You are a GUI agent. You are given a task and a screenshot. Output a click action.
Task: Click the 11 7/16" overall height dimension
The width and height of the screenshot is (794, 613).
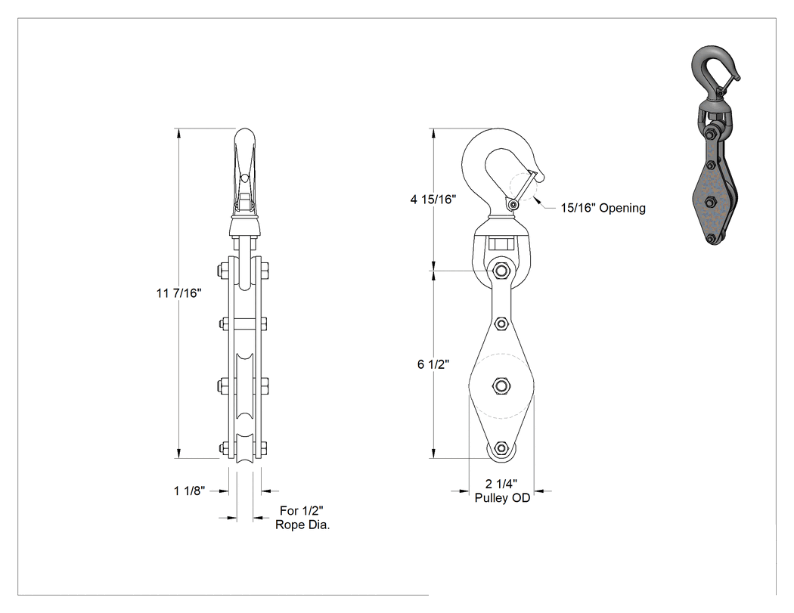[x=178, y=293]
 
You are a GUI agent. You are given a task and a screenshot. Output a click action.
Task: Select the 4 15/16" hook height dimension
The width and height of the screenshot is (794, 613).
[x=433, y=200]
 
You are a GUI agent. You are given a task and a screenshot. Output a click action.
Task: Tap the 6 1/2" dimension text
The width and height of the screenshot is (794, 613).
[x=433, y=364]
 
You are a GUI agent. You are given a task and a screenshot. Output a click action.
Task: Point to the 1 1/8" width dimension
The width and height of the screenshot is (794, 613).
[x=189, y=491]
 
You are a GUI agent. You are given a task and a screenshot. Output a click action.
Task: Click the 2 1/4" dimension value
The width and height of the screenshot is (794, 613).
[x=501, y=485]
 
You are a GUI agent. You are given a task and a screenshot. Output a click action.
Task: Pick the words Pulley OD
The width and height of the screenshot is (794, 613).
[x=502, y=498]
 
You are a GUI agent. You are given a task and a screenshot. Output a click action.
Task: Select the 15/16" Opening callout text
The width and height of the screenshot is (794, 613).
[x=603, y=208]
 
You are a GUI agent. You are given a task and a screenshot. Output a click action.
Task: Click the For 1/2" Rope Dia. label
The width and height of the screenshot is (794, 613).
[x=302, y=518]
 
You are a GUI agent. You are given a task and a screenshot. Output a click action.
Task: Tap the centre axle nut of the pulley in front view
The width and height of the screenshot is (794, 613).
[x=501, y=386]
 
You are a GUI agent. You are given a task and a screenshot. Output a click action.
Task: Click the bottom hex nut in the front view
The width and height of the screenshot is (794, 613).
[x=501, y=448]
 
